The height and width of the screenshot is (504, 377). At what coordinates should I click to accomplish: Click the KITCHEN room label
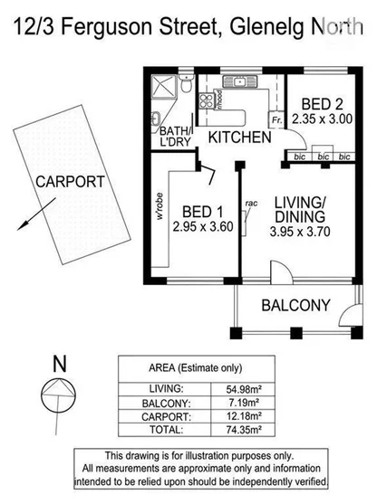coord(239,138)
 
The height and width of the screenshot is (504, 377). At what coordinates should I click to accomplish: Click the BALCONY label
coord(295,306)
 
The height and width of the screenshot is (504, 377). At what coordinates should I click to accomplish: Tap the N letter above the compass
coord(60,365)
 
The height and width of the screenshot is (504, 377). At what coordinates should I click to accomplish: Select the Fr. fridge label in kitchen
coord(275,119)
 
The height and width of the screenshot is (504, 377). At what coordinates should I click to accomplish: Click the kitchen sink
coord(239,82)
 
